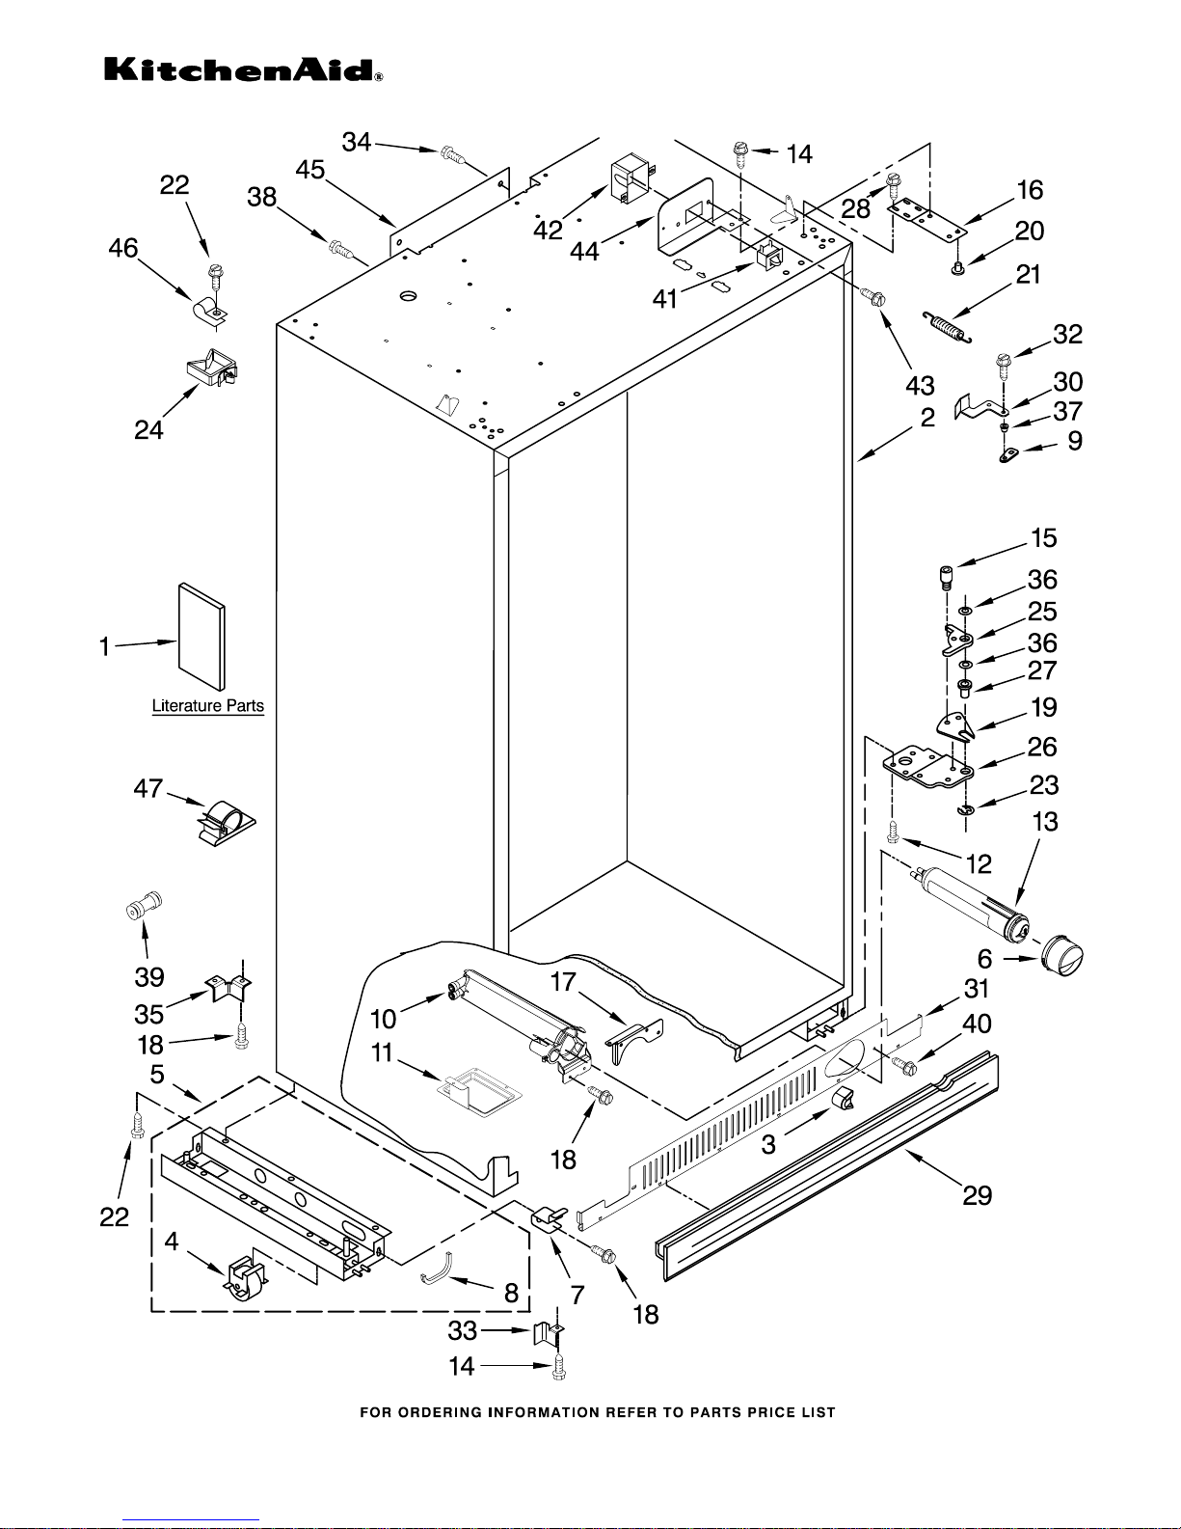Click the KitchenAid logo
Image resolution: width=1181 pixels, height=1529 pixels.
point(243,70)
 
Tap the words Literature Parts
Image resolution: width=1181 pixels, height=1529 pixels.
point(208,706)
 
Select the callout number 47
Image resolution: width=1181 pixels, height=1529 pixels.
point(148,788)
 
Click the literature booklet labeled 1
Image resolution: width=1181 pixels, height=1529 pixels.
point(201,637)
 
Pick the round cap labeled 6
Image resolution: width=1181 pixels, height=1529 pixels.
point(1061,957)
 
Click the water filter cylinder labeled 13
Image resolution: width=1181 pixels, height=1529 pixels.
point(971,904)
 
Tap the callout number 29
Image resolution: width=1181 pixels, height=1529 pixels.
point(978,1195)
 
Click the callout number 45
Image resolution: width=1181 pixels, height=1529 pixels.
point(310,170)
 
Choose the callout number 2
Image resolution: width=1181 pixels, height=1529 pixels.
point(927,418)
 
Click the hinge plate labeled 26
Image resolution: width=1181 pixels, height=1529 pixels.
point(927,769)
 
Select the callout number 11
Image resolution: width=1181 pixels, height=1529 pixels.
point(382,1052)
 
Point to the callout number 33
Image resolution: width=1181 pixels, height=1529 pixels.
point(463,1330)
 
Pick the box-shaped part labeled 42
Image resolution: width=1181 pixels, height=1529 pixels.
point(630,181)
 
